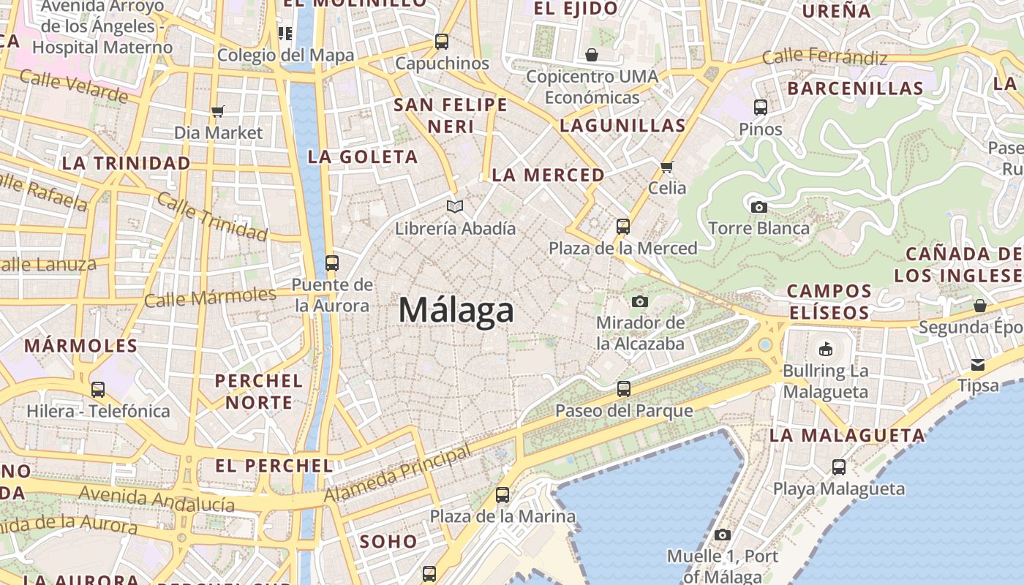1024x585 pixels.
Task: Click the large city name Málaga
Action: (x=456, y=311)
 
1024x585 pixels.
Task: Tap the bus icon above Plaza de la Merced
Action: (x=623, y=227)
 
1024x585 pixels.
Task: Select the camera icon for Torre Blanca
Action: (x=759, y=208)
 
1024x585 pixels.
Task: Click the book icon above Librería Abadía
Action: (x=455, y=207)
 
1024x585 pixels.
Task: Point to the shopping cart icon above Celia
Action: (x=666, y=167)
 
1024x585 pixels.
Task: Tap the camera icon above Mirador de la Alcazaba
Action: (x=640, y=301)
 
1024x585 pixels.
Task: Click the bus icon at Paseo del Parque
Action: (x=624, y=389)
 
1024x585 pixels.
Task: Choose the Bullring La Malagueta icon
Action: (x=826, y=348)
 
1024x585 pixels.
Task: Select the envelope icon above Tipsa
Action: (x=978, y=365)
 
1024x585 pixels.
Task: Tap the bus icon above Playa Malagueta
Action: (x=839, y=467)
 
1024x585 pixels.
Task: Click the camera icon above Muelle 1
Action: (x=723, y=535)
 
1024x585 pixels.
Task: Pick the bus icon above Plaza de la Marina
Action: (x=502, y=495)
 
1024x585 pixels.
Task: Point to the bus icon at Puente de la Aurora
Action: (x=332, y=263)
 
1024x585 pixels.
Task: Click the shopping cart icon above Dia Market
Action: (x=217, y=112)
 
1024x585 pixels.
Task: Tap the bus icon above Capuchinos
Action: (x=442, y=42)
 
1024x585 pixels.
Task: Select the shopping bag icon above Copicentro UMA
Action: (x=591, y=55)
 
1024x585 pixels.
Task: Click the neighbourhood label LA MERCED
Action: (x=548, y=175)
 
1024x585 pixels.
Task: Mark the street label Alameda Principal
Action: (x=398, y=475)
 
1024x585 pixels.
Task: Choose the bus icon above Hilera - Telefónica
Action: (x=98, y=390)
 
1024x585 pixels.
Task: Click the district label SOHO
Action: (x=388, y=542)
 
